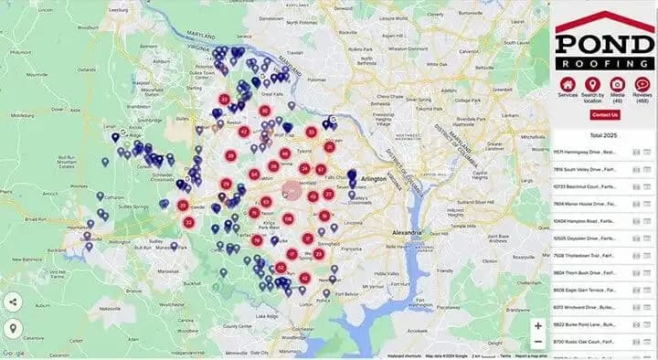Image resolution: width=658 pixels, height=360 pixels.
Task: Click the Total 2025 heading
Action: (604, 132)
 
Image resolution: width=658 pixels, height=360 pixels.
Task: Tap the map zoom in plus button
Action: (538, 325)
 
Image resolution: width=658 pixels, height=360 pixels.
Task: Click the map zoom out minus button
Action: (538, 342)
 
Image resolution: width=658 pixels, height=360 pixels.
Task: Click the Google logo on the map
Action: (14, 354)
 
